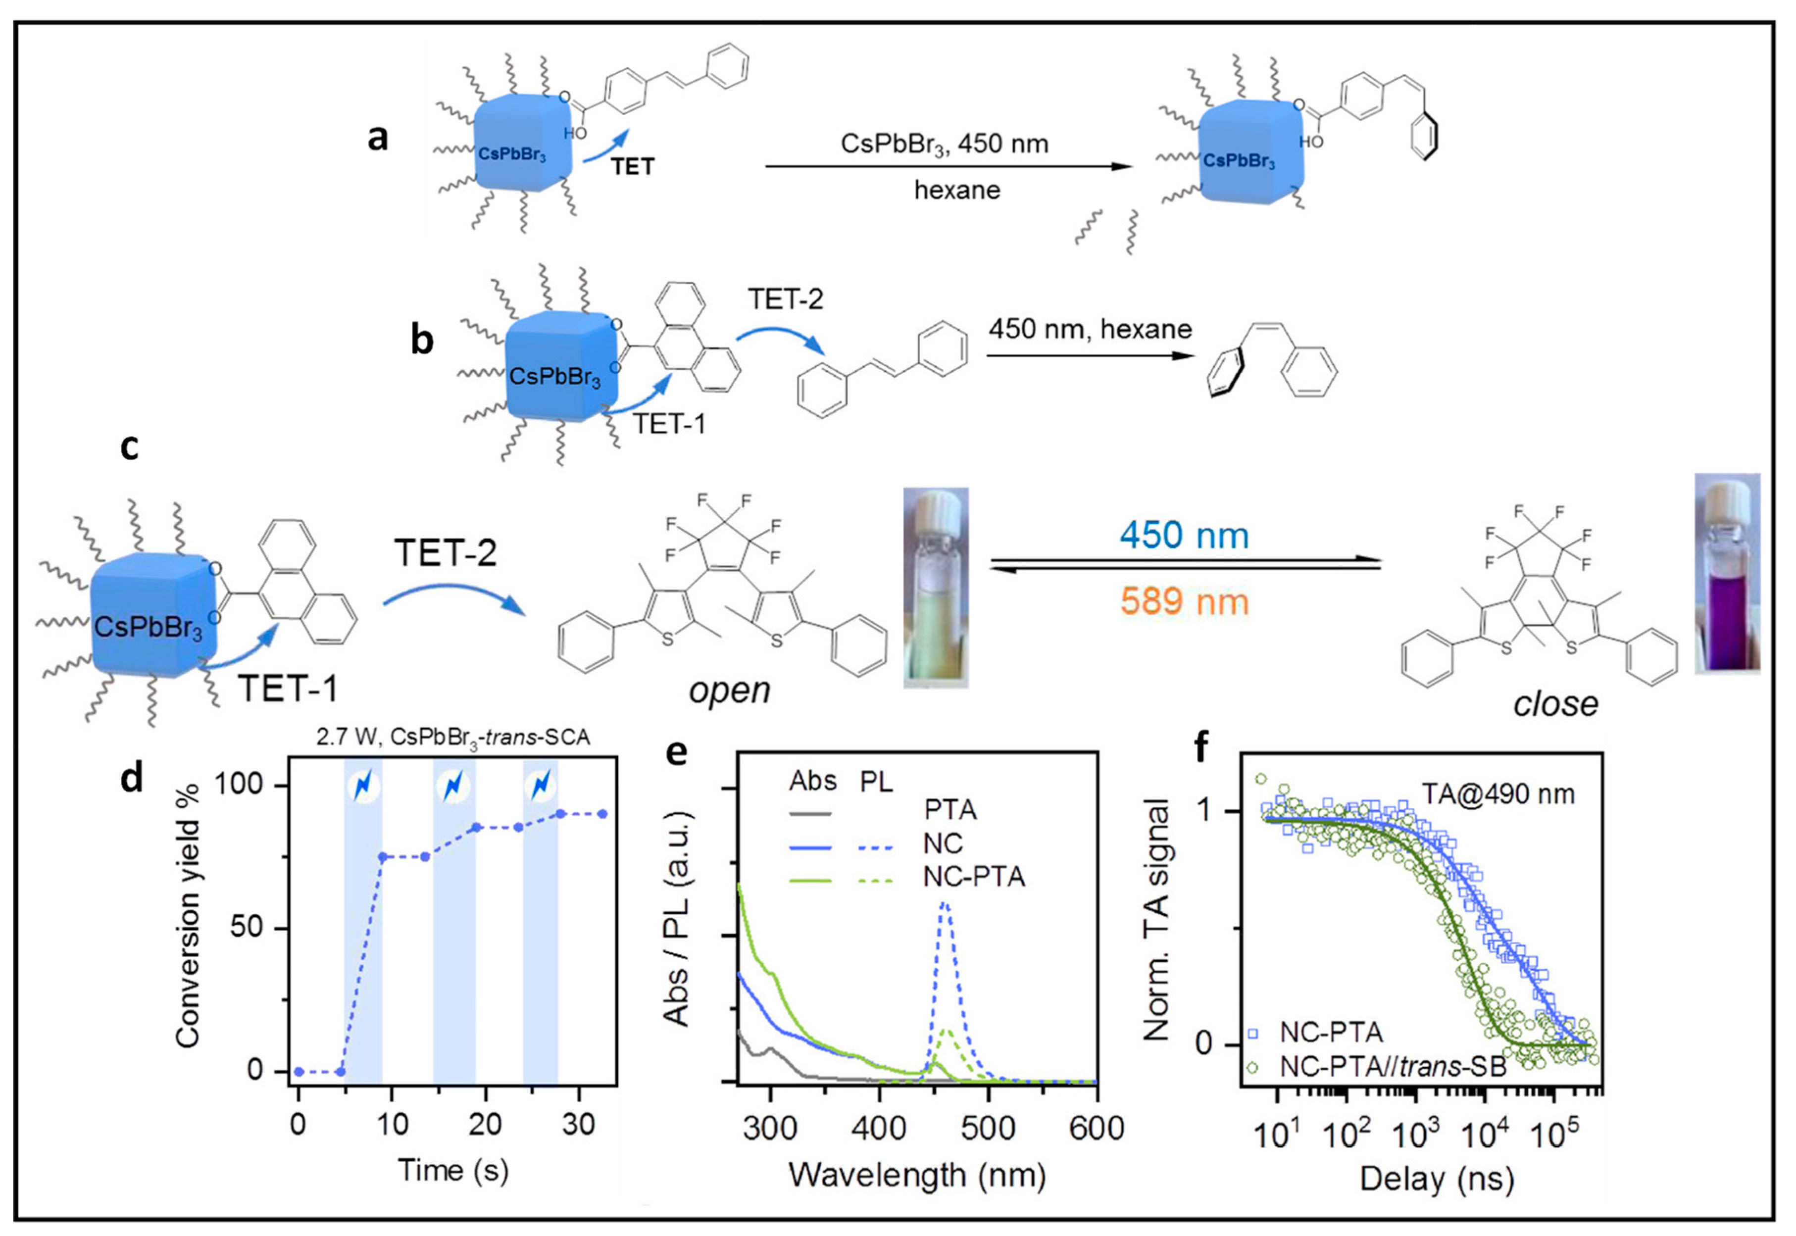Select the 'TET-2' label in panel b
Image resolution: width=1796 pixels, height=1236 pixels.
(785, 299)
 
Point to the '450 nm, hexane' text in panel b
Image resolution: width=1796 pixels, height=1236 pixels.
(1090, 330)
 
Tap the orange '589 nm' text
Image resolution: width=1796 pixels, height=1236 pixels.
(1184, 602)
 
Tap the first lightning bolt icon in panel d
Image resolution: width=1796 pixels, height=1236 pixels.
(362, 786)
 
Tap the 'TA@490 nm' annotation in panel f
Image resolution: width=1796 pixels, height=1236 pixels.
(1497, 794)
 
